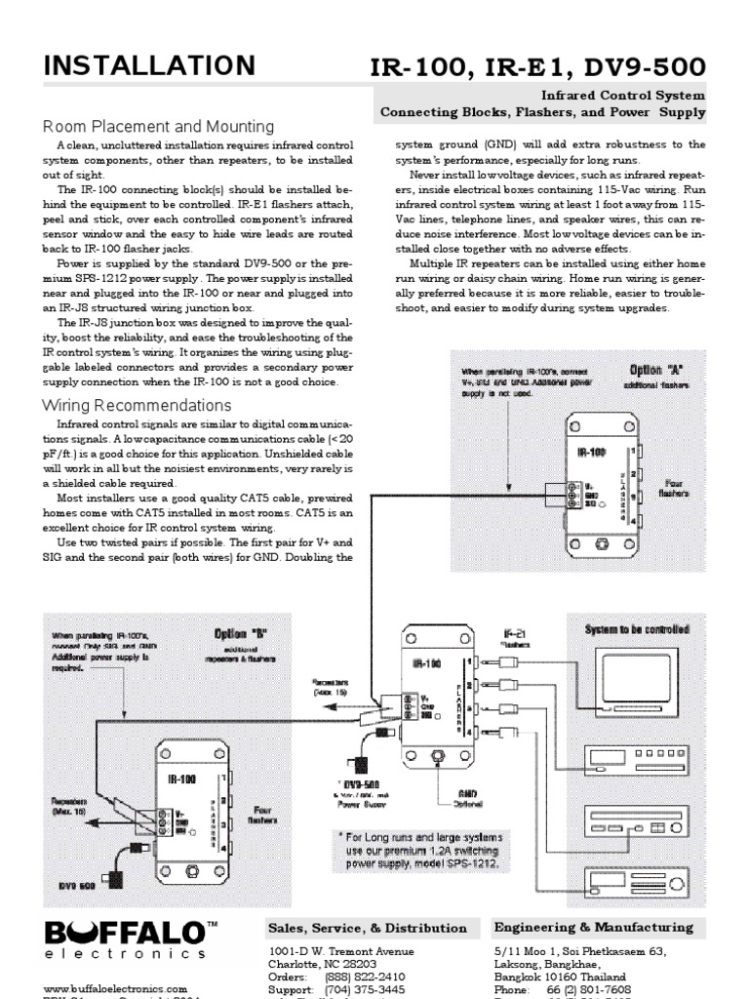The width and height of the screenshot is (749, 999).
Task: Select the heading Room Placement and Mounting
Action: pos(158,127)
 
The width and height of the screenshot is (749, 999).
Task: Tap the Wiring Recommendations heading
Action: pos(137,405)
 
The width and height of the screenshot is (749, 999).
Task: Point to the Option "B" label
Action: pos(240,633)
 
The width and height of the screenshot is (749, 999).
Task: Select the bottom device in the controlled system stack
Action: pos(635,879)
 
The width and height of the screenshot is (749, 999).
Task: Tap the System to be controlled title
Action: pos(637,629)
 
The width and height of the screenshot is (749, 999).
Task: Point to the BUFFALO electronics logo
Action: pos(125,939)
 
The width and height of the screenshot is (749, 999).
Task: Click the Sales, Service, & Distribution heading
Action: pos(367,928)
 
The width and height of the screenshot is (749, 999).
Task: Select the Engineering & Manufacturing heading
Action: pos(594,927)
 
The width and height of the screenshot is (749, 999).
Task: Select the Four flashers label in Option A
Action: pos(674,487)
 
